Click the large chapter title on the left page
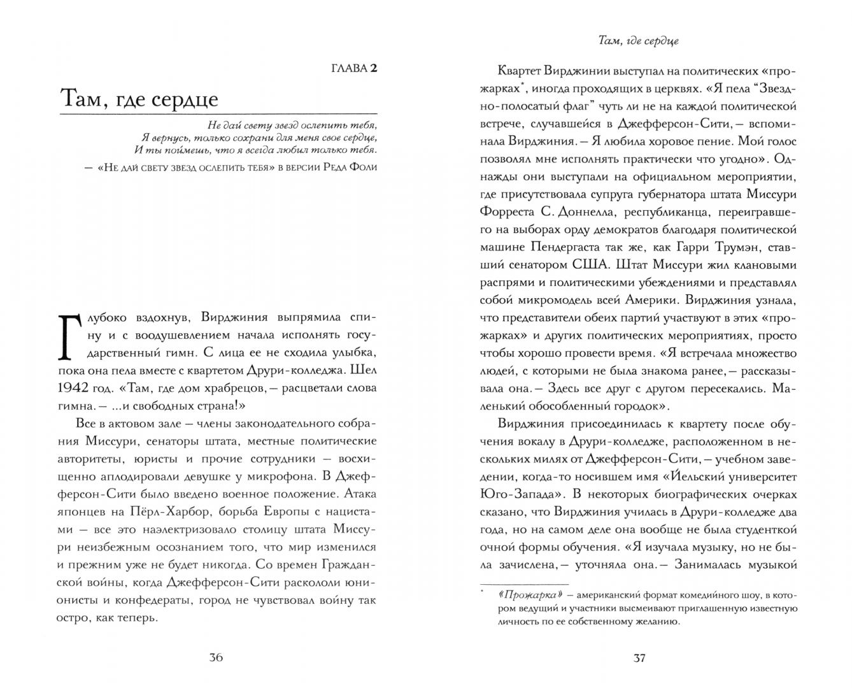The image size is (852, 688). [x=139, y=99]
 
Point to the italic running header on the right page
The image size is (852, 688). [x=639, y=41]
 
